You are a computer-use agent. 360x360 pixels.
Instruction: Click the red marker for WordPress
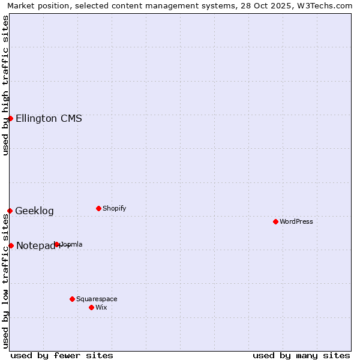[275, 221]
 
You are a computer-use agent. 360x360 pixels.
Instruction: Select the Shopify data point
[98, 208]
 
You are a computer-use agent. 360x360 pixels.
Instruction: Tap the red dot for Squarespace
[72, 299]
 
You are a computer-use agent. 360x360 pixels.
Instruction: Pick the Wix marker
[91, 307]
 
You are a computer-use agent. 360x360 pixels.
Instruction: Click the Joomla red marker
[57, 244]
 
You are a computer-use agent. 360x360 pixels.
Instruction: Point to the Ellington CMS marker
[10, 118]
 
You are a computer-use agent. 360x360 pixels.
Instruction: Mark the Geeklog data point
[10, 211]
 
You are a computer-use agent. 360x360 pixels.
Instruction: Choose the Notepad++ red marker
[11, 245]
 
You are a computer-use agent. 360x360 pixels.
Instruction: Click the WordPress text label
[296, 221]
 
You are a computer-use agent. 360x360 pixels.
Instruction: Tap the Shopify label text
[114, 208]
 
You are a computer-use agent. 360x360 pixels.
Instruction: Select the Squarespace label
[97, 299]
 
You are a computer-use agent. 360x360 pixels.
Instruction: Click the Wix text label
[101, 307]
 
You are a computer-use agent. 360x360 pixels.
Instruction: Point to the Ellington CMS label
[49, 118]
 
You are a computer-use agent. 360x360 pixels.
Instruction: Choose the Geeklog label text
[34, 211]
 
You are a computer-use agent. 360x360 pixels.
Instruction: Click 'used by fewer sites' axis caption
[62, 355]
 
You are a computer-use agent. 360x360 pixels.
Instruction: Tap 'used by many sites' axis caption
[301, 355]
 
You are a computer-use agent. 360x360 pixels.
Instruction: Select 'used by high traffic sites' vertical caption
[5, 85]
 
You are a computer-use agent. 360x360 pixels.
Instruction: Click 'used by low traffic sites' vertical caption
[5, 281]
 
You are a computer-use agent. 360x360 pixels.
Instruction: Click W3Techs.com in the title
[325, 5]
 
